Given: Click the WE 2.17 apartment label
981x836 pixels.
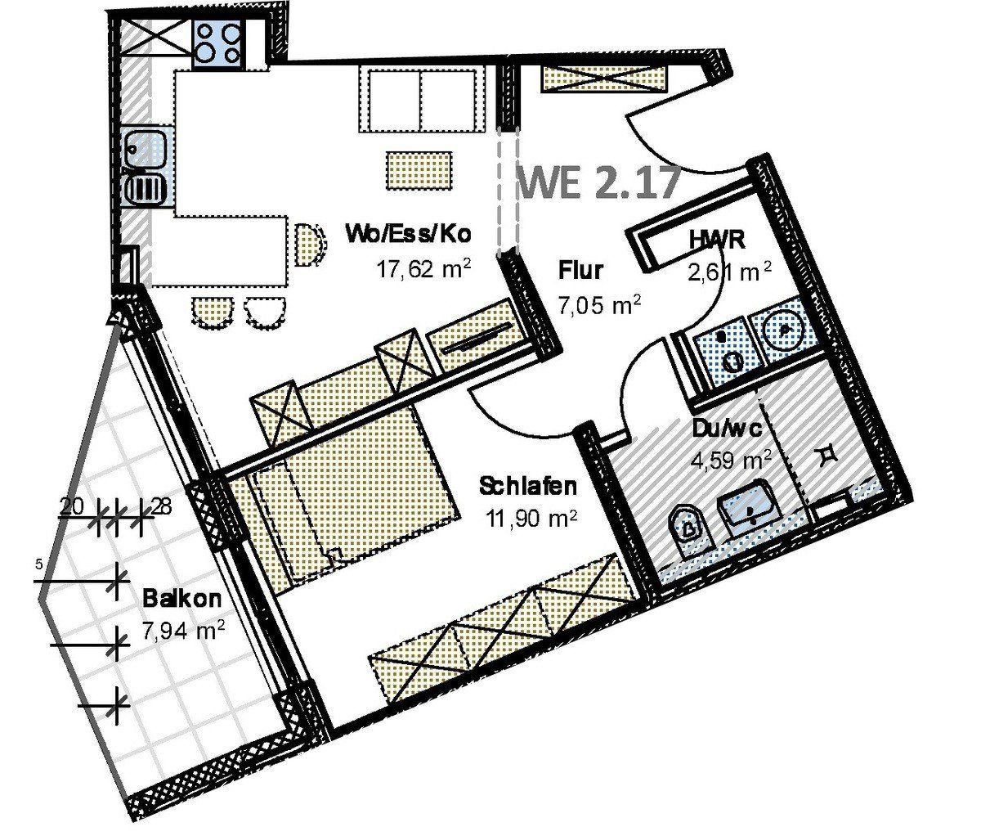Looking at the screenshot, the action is (x=599, y=181).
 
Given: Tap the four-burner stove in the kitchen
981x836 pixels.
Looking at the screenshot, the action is (x=218, y=43).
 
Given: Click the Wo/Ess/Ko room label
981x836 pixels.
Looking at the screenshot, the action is (x=409, y=235).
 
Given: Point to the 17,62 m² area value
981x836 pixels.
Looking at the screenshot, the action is (x=423, y=269).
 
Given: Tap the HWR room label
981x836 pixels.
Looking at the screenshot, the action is (x=717, y=240).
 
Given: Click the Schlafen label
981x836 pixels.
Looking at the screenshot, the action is (x=528, y=486).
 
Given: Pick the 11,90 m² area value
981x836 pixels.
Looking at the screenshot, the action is (x=531, y=519).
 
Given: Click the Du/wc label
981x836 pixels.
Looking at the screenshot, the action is (x=727, y=429).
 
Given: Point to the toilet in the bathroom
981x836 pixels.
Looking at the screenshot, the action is (x=689, y=530).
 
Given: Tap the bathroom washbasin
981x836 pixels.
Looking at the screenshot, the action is (x=750, y=508).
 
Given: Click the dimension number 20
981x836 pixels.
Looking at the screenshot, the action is (x=72, y=507).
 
